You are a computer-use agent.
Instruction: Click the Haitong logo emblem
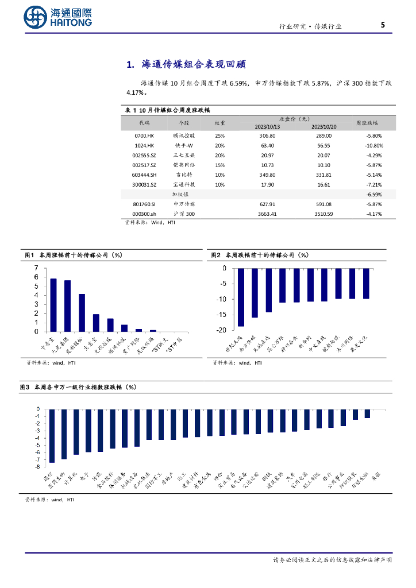[x=36, y=18]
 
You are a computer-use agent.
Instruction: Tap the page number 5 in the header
[x=383, y=25]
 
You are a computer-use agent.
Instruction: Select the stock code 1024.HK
[x=144, y=146]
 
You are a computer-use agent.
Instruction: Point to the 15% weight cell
[x=219, y=165]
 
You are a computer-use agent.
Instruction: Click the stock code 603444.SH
[x=144, y=175]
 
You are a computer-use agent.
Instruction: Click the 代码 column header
[x=144, y=123]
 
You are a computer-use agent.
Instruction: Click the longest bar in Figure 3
[x=52, y=436]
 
